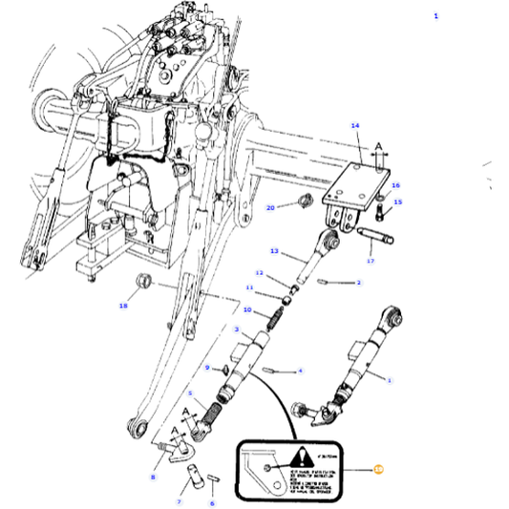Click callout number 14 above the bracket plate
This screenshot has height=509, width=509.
355,126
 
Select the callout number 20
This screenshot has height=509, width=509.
270,207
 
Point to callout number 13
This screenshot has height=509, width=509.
273,252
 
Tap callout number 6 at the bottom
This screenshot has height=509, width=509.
212,502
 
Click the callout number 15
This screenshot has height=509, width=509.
398,202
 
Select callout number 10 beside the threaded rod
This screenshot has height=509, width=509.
247,310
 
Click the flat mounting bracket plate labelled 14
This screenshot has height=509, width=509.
362,184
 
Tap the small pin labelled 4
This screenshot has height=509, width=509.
272,369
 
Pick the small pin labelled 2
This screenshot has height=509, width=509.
329,282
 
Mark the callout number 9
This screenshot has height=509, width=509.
207,368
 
